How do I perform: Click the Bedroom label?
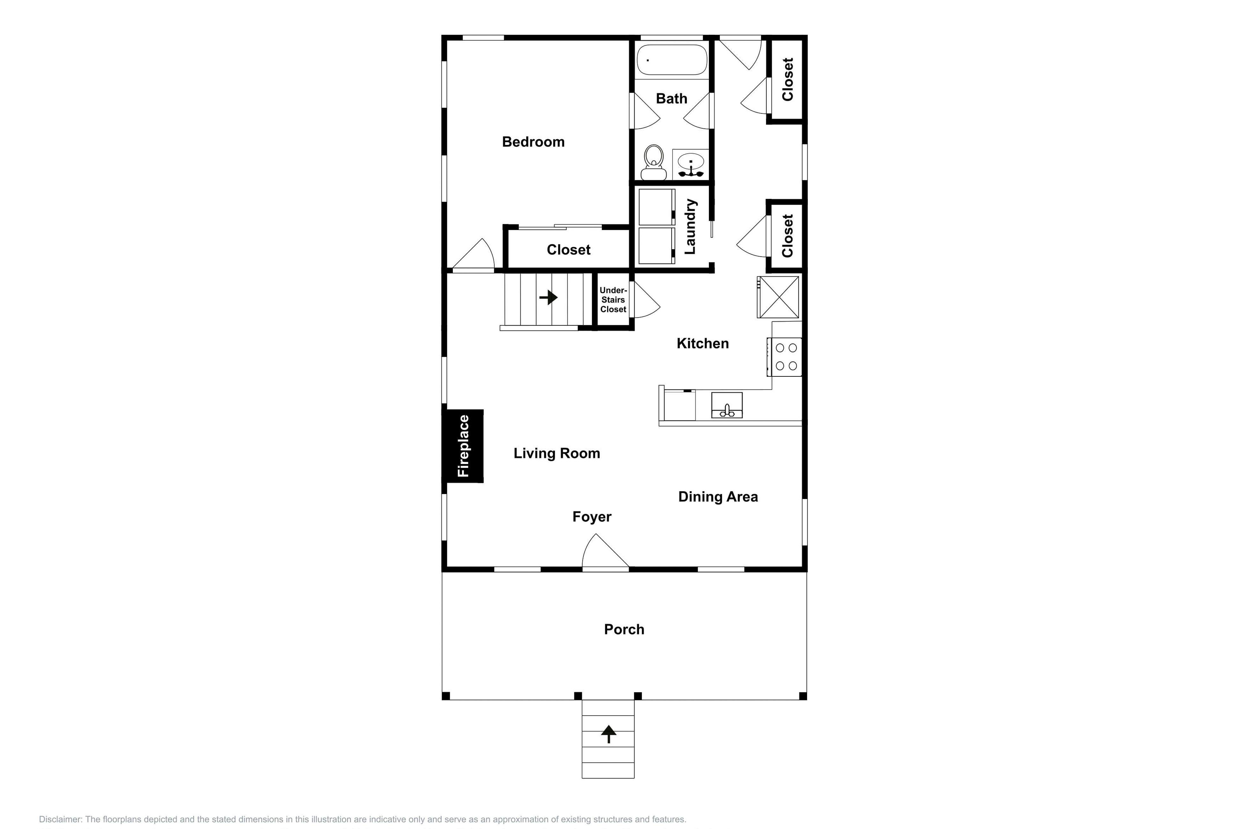pos(533,142)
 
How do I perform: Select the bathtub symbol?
pos(672,60)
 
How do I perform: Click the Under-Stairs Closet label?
pos(613,300)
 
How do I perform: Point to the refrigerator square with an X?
pos(778,297)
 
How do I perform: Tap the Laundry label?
pos(690,226)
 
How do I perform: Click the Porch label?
pos(624,629)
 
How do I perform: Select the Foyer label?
pos(592,517)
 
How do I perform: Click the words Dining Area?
pos(718,497)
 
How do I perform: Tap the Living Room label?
pos(556,453)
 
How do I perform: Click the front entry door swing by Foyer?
pos(603,552)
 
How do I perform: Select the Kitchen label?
pos(703,343)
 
